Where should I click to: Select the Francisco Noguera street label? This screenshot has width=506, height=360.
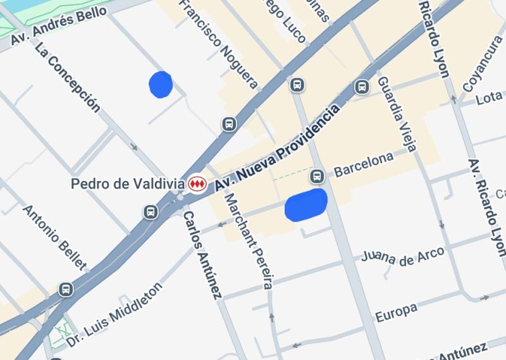point(218,43)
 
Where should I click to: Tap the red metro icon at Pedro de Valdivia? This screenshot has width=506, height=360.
point(197,184)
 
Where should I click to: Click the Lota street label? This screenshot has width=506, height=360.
point(488,98)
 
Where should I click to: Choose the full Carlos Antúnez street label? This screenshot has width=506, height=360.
point(202,254)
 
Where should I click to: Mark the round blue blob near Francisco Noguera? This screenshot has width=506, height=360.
point(160,84)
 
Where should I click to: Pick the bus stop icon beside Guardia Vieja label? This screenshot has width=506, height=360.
point(362,86)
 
